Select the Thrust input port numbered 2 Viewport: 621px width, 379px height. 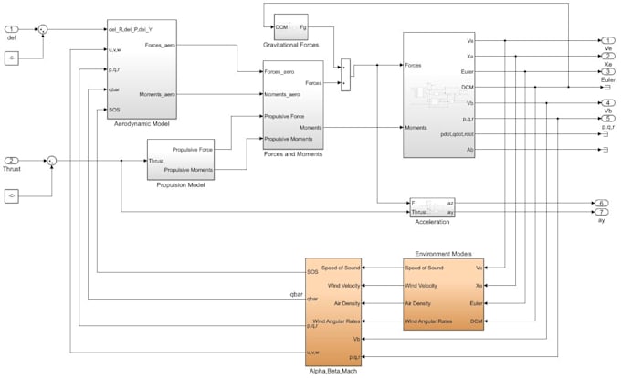13,161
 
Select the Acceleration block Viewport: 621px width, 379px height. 432,206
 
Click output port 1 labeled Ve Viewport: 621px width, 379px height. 606,41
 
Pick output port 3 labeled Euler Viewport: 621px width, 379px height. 606,72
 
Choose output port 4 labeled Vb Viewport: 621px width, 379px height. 606,102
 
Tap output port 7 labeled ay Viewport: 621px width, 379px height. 602,212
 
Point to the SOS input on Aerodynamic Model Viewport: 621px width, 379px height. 114,109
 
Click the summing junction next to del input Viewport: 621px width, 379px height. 42,28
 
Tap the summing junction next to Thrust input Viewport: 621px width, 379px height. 52,161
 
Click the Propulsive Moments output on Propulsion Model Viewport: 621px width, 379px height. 190,169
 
